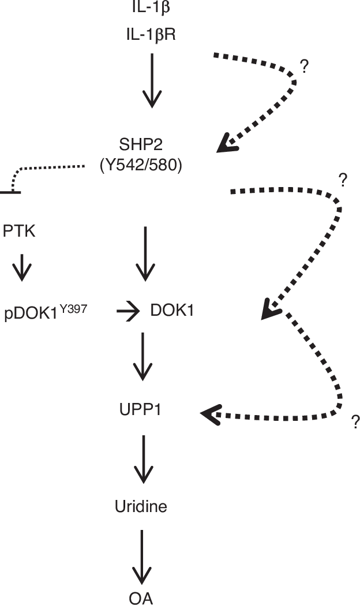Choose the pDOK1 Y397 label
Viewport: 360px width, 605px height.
click(x=46, y=312)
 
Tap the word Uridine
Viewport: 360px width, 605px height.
click(x=141, y=507)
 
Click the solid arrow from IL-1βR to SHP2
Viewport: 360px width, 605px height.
click(x=152, y=81)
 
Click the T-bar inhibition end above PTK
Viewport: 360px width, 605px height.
click(x=10, y=191)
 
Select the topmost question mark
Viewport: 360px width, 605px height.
click(x=305, y=67)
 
